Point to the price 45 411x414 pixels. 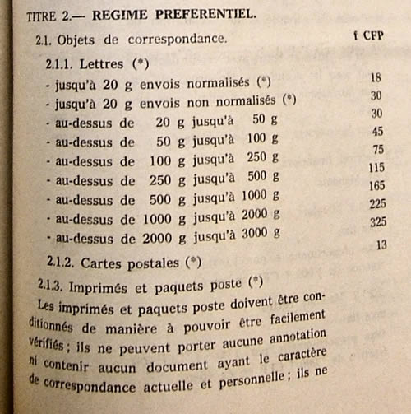point(377,132)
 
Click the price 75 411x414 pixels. point(379,149)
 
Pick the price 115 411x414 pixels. point(376,167)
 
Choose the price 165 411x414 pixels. point(377,186)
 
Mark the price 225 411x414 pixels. point(378,205)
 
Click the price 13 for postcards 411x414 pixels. point(381,244)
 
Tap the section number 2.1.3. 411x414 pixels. point(53,286)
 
